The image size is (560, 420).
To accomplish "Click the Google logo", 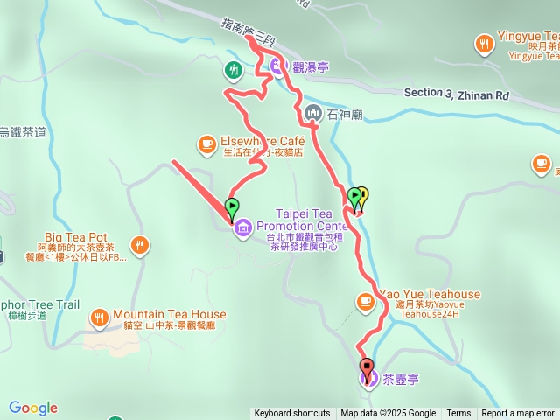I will pyautogui.click(x=33, y=408).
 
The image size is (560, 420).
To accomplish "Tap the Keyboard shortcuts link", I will pyautogui.click(x=292, y=414).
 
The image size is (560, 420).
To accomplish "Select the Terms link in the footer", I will pyautogui.click(x=458, y=414).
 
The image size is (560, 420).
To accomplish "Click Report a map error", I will pyautogui.click(x=518, y=414).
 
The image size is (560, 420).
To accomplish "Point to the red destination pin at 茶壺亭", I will pyautogui.click(x=366, y=367).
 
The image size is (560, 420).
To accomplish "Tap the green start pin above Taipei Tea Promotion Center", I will pyautogui.click(x=232, y=208).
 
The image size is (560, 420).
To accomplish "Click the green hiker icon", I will pyautogui.click(x=233, y=69).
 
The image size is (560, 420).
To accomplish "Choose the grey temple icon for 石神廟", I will pyautogui.click(x=313, y=113).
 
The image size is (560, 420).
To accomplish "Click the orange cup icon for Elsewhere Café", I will pyautogui.click(x=206, y=142).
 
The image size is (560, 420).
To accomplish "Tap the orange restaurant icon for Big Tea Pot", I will pyautogui.click(x=139, y=246).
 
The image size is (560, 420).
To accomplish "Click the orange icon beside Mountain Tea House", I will pyautogui.click(x=99, y=316).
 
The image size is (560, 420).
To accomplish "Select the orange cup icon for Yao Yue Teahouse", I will pyautogui.click(x=365, y=302).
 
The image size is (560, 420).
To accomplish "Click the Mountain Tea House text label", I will pyautogui.click(x=169, y=315).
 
